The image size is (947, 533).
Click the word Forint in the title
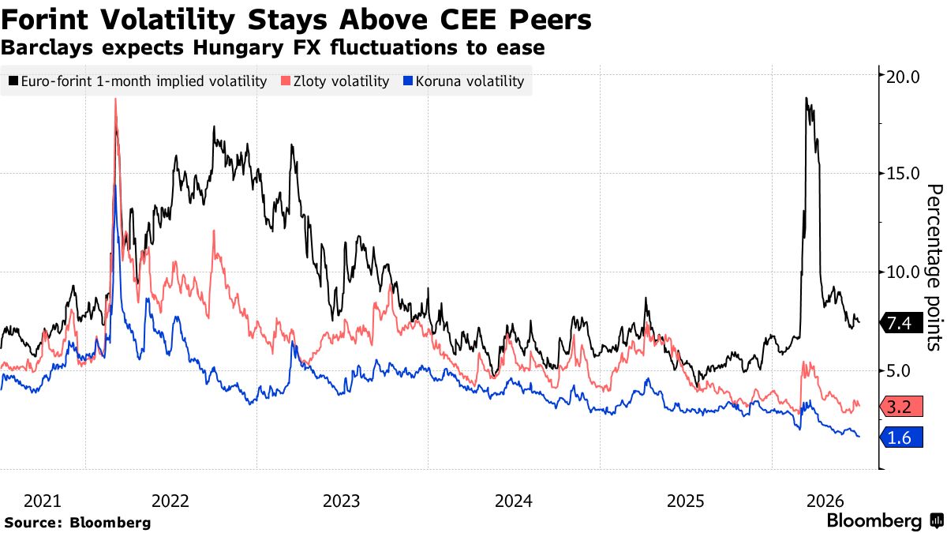44,20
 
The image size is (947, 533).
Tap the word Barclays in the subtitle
47,47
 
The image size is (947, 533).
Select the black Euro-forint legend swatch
13,81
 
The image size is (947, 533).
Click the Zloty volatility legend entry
335,81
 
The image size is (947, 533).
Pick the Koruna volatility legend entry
464,81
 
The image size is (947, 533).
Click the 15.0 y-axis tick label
902,174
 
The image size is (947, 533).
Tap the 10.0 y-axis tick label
902,272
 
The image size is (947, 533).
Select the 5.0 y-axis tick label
907,371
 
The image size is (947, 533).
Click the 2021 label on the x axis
43,501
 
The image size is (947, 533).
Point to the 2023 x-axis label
341,501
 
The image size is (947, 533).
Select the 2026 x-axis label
825,501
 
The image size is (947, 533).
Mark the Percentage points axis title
934,268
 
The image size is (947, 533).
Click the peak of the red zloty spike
115,99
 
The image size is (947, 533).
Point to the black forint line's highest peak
807,98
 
